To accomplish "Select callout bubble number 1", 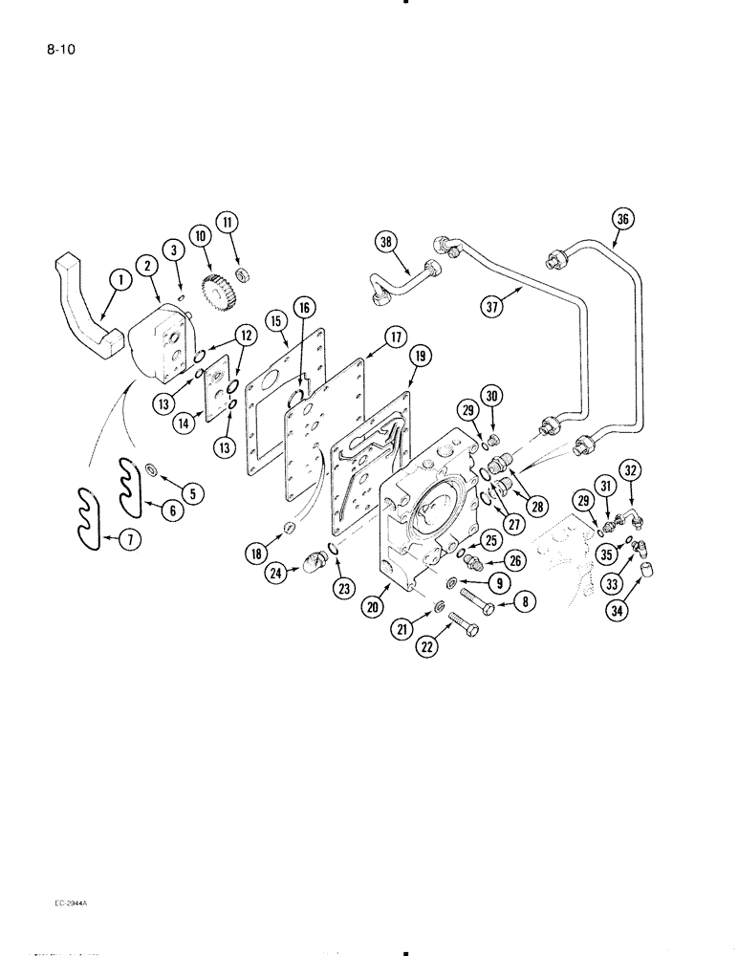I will [119, 280].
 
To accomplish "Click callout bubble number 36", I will [623, 219].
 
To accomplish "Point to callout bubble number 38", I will [385, 244].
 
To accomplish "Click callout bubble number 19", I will [417, 356].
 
